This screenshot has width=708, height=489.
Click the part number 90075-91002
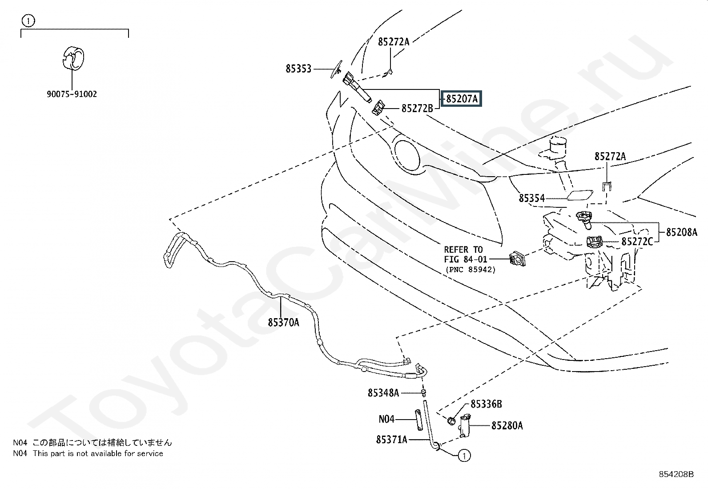(x=72, y=94)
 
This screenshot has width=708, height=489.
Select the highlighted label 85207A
(x=462, y=99)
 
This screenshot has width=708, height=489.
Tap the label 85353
(x=298, y=69)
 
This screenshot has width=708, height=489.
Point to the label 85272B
(x=417, y=108)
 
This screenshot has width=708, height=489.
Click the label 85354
(x=531, y=198)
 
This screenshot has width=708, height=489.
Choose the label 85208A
(x=681, y=232)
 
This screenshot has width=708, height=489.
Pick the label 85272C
(x=637, y=242)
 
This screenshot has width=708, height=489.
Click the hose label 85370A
(x=283, y=322)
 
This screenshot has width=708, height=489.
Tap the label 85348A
(x=383, y=392)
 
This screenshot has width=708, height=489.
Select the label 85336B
(x=486, y=404)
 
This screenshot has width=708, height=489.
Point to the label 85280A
(x=507, y=426)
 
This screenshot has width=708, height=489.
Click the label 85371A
(x=391, y=440)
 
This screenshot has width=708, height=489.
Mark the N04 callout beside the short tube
(x=386, y=419)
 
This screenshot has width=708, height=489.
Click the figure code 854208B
(x=676, y=474)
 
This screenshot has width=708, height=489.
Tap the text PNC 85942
(x=470, y=270)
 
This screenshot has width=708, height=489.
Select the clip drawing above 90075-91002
(x=72, y=58)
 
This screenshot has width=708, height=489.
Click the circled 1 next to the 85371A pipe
(x=464, y=456)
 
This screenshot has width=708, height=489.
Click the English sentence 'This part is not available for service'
(x=98, y=453)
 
